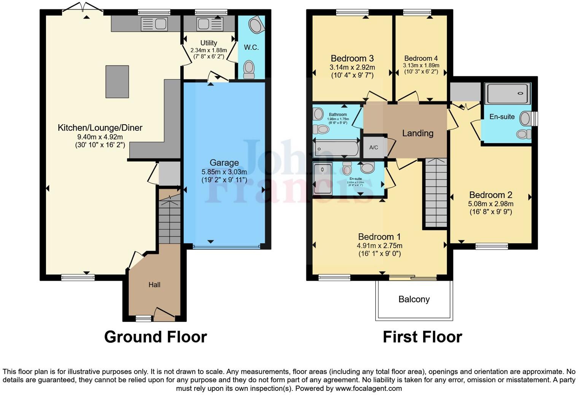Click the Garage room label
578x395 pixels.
pos(224,163)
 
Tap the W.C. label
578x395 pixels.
pos(251,47)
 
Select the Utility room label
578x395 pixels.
pos(208,43)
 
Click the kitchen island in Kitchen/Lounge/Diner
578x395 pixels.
pos(117,82)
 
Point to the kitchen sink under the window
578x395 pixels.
pos(154,24)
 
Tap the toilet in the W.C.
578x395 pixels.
pos(249,69)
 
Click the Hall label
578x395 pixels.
pos(154,285)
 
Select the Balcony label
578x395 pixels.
pos(414,299)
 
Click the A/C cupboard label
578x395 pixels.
pos(373,147)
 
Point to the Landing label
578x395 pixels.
pos(418,133)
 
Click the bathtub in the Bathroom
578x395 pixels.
pos(336,148)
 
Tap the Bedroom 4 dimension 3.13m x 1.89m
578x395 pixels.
pos(421,65)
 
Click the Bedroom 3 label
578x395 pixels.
pos(352,58)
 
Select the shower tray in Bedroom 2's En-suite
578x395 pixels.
pos(508,93)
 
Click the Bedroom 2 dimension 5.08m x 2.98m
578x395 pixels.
pos(491,204)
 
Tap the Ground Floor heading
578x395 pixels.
pos(156,337)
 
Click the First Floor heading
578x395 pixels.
pos(422,337)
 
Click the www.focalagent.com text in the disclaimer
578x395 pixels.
pos(368,389)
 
